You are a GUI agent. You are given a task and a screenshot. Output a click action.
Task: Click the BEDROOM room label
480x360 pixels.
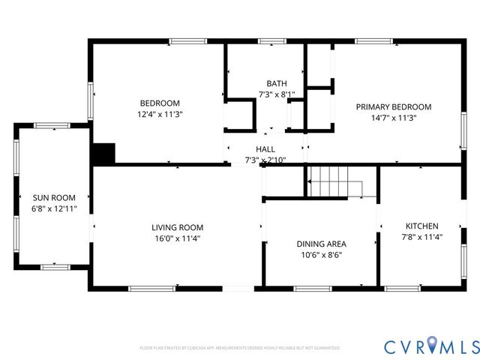point(160,103)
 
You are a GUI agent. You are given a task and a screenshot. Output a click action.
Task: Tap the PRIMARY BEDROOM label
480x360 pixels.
point(394,106)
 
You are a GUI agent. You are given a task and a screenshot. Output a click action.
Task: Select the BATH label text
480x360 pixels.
point(276,83)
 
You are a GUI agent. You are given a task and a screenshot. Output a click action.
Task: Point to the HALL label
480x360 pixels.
point(265,149)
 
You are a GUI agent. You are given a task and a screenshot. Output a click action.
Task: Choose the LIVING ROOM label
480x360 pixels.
point(177,227)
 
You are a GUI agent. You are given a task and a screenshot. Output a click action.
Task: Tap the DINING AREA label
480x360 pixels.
point(321,244)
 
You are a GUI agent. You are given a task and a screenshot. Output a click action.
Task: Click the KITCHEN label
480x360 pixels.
point(421,226)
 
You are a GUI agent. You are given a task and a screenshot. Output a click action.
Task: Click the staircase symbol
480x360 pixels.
point(334,182)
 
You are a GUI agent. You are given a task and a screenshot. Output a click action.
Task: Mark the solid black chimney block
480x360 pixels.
point(103,154)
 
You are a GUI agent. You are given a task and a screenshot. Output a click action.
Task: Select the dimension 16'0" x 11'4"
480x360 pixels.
point(177,238)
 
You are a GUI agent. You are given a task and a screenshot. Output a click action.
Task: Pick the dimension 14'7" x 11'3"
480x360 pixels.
point(394,118)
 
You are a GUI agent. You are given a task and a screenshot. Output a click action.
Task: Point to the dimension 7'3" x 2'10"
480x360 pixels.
point(265,160)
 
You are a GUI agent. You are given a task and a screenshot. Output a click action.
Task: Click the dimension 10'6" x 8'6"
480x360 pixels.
point(321,254)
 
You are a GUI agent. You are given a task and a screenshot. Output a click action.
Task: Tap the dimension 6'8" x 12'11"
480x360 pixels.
point(53,208)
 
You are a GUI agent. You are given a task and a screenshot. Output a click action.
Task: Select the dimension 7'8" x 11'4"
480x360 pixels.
point(421,237)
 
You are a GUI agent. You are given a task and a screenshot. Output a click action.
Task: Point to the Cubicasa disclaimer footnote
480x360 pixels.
point(239,348)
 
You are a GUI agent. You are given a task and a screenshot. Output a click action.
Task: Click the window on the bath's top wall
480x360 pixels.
point(268,40)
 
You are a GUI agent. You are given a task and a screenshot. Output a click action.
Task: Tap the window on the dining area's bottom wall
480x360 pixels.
point(312,289)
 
